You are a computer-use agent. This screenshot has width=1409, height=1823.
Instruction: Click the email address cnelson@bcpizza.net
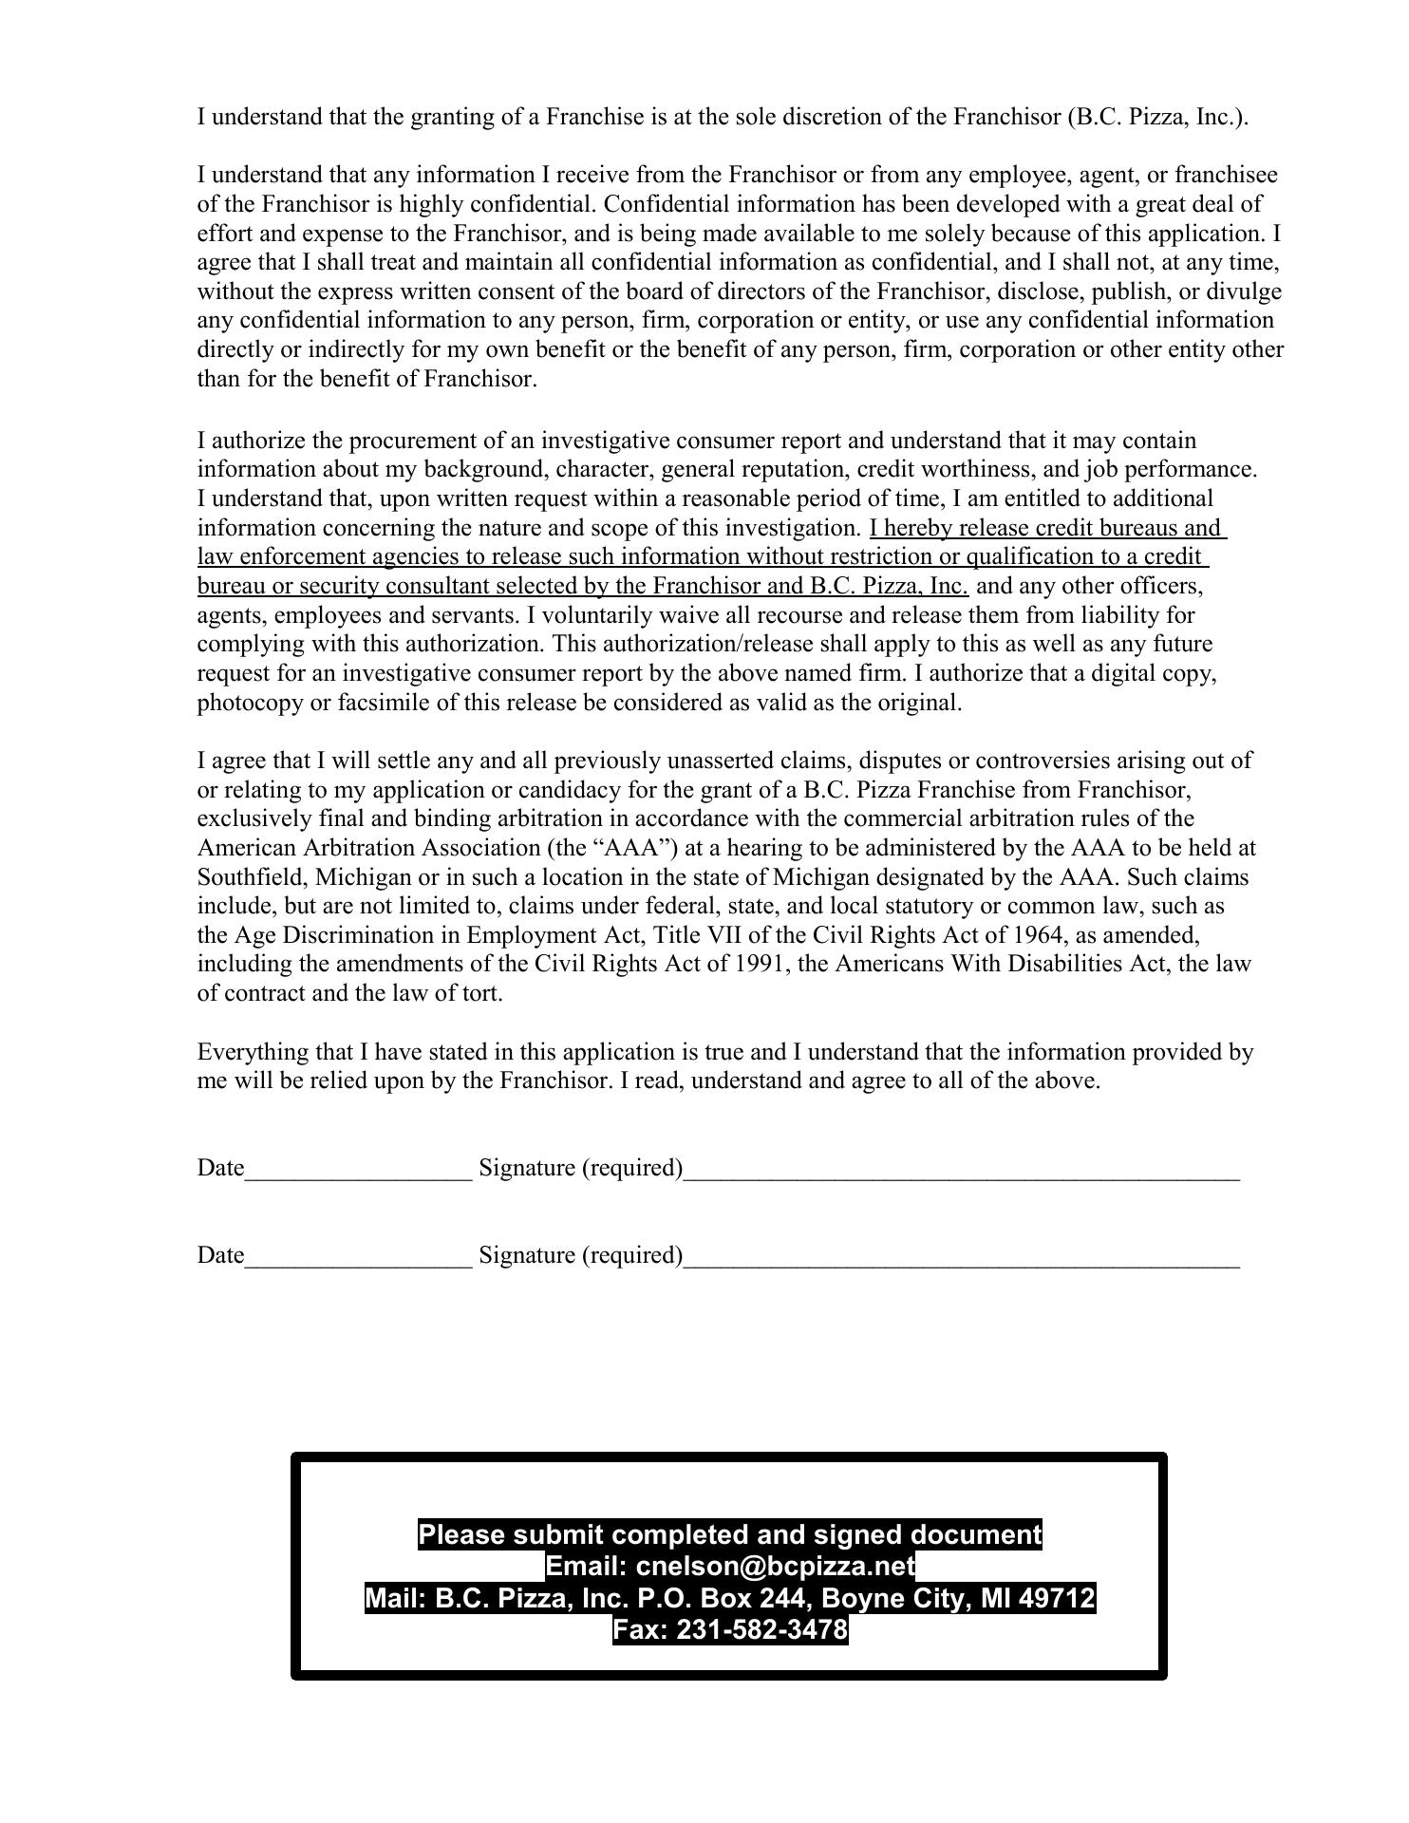click(775, 1566)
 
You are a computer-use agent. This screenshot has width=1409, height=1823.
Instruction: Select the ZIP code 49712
click(1056, 1599)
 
